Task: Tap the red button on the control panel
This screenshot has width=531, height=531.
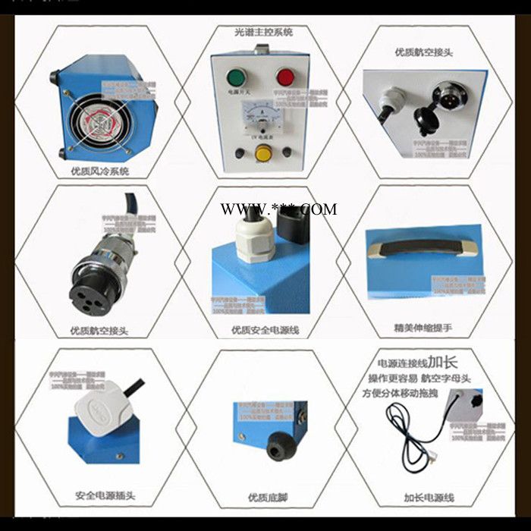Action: click(x=285, y=77)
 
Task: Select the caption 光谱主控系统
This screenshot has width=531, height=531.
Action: click(x=263, y=33)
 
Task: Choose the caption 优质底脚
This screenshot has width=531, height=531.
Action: click(x=265, y=498)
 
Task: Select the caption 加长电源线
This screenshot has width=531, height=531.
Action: click(x=429, y=498)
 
